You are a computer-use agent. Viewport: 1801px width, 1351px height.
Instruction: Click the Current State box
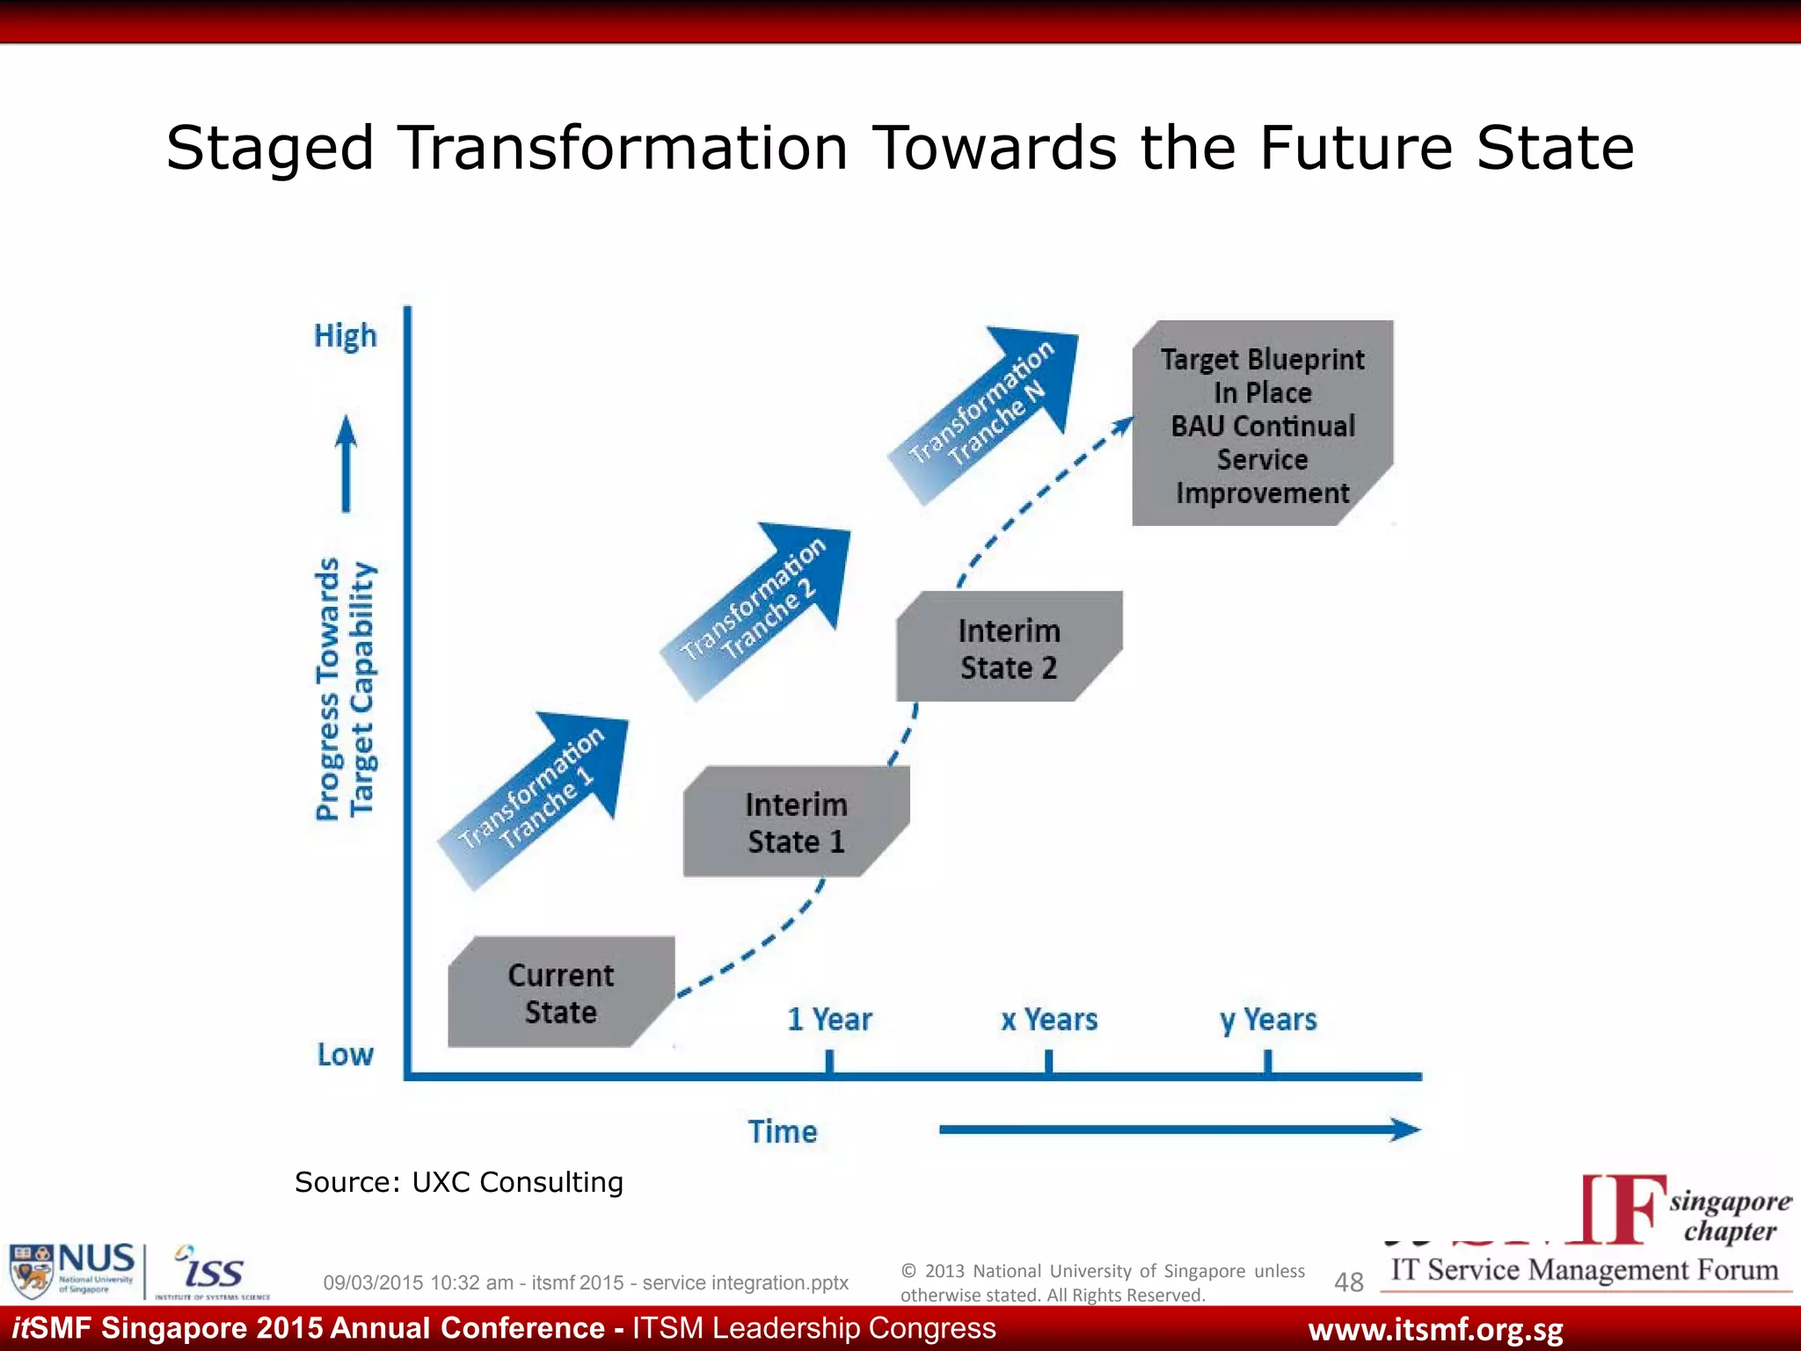click(561, 992)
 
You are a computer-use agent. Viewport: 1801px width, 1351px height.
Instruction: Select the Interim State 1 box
click(796, 822)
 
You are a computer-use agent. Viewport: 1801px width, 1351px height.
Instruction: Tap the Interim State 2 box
click(1009, 647)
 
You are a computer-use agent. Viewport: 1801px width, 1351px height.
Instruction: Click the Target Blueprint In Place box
click(1262, 424)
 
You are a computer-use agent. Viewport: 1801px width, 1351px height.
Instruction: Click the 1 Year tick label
click(829, 1019)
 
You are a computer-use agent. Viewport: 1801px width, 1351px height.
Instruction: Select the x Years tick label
click(1049, 1019)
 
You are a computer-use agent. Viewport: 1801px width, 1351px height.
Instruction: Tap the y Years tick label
click(1268, 1019)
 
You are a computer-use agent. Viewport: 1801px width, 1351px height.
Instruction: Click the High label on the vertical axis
click(345, 336)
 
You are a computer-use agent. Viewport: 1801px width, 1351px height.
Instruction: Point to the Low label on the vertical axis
click(345, 1054)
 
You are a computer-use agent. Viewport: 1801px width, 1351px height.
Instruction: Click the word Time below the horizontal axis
click(782, 1131)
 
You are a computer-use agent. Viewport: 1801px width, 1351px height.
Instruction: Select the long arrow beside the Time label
click(1178, 1129)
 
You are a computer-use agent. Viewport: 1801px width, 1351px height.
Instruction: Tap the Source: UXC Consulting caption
click(458, 1182)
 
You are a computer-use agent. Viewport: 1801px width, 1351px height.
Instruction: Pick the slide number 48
click(1348, 1282)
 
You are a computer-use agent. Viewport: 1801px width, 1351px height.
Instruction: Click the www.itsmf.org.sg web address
click(1435, 1330)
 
